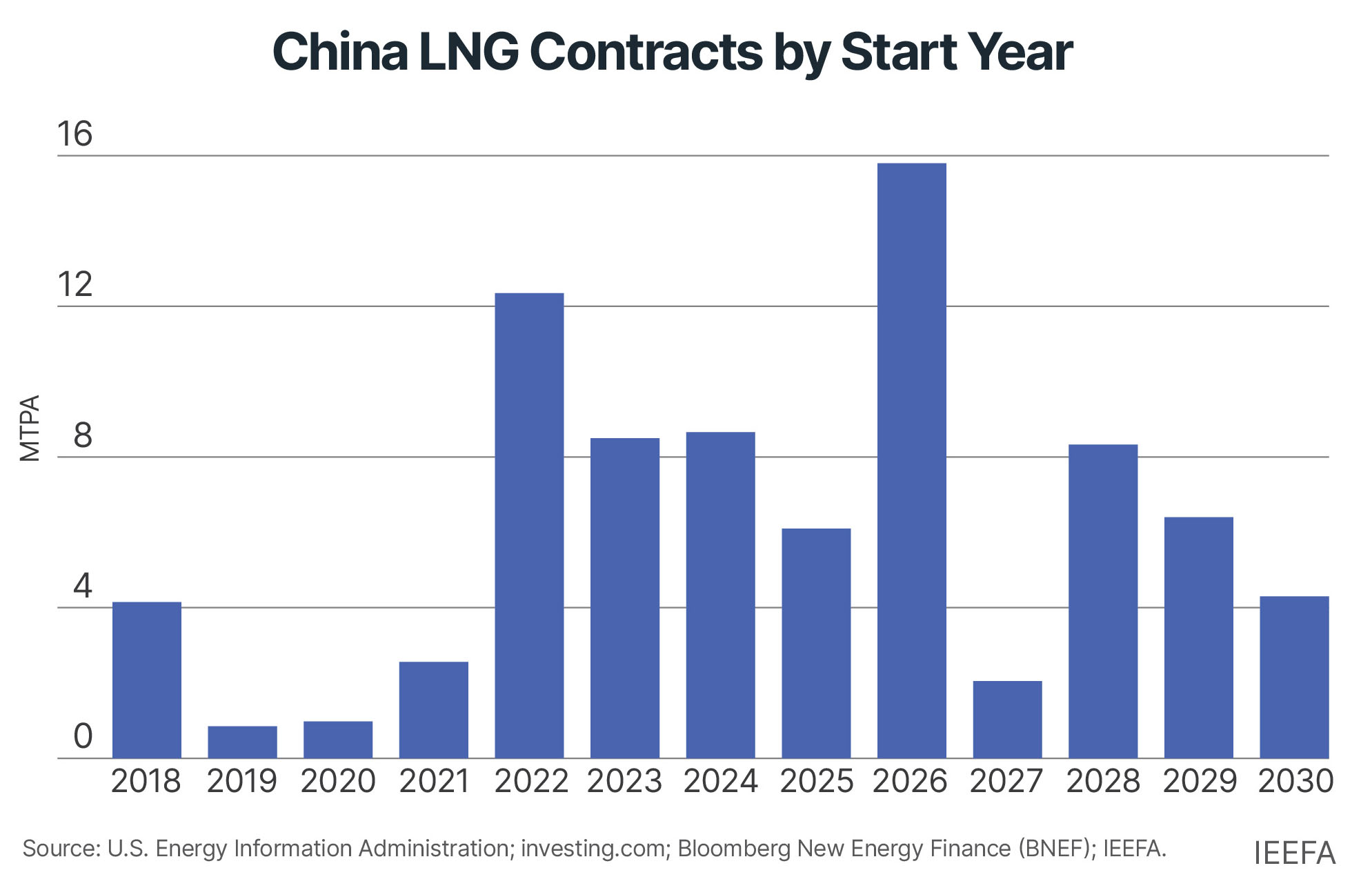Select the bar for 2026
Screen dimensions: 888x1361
pos(911,460)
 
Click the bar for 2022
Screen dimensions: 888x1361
pos(529,525)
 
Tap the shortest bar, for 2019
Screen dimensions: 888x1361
pos(242,742)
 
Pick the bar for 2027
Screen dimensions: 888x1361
pos(1007,719)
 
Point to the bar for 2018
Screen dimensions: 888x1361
pos(147,680)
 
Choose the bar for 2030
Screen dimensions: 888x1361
pos(1293,677)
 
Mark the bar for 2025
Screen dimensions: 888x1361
pos(816,643)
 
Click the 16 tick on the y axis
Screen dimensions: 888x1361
pos(74,135)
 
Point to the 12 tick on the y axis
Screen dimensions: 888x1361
pos(74,285)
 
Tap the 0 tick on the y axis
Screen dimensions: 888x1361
pos(83,737)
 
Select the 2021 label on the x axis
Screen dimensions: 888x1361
pos(434,782)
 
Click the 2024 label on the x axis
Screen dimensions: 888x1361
pos(720,782)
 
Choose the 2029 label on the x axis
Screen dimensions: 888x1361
pos(1199,782)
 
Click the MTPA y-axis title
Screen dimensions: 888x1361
pos(30,428)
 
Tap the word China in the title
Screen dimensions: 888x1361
pos(340,52)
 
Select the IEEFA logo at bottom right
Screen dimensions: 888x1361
pos(1294,854)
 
